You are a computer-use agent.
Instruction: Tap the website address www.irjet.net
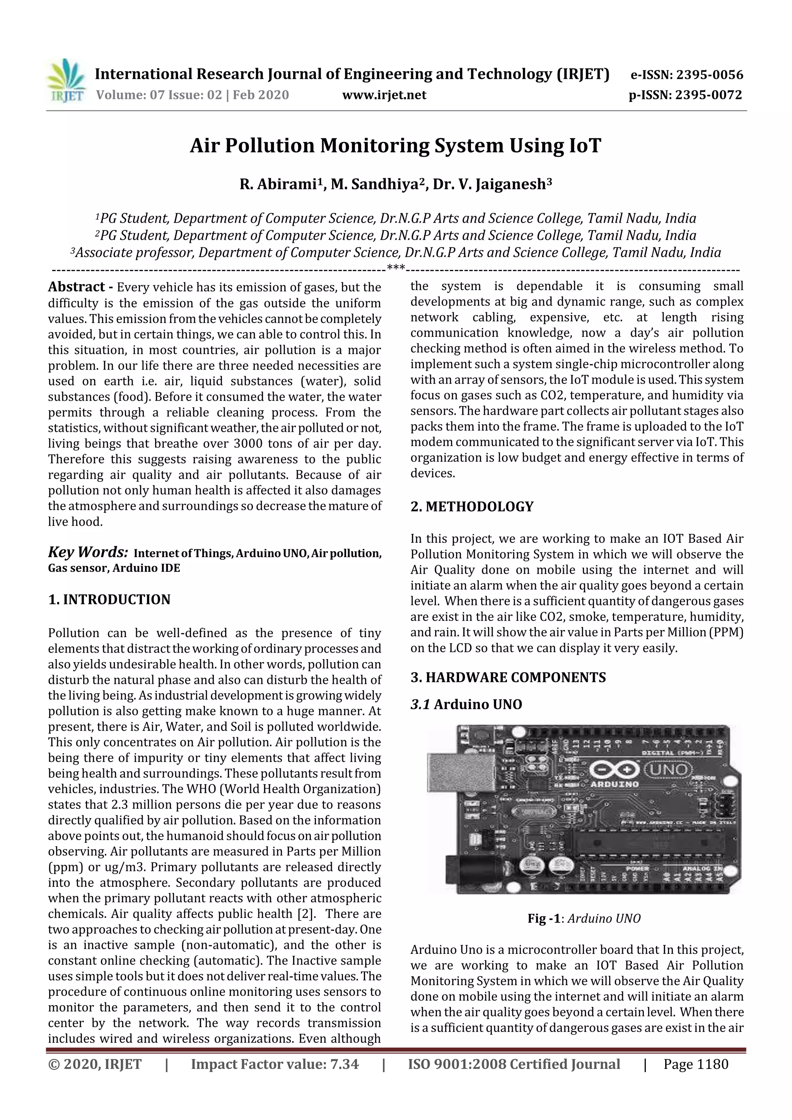tap(384, 95)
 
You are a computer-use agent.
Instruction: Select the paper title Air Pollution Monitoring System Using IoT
tap(395, 145)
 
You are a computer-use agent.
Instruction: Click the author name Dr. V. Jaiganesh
tap(492, 184)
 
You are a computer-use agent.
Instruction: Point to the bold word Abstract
tap(77, 287)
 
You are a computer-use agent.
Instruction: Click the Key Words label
tap(88, 552)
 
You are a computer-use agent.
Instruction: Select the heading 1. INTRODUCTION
tap(109, 600)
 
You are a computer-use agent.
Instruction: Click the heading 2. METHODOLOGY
tap(472, 506)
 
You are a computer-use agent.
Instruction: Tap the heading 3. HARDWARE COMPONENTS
tap(508, 677)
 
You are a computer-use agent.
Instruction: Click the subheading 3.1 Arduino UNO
tap(466, 704)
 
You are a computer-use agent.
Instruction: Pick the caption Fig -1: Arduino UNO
tap(584, 919)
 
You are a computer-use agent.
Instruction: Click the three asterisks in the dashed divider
tap(395, 267)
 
